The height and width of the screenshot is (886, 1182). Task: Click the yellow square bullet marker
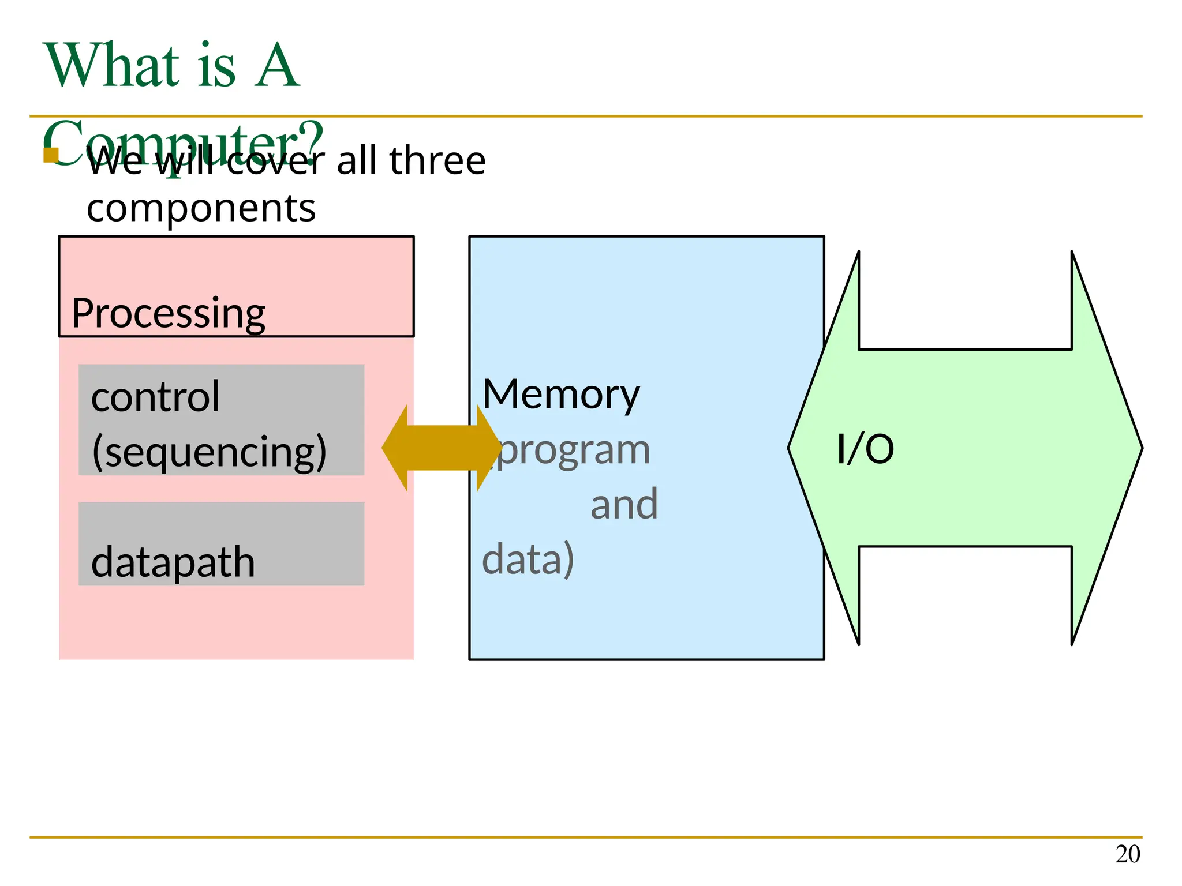(x=51, y=155)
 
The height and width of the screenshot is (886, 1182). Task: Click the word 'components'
(x=201, y=208)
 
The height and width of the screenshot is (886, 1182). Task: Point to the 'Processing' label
(x=168, y=313)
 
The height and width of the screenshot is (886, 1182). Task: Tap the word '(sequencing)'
(x=209, y=452)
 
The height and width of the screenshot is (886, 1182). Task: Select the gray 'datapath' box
(x=221, y=544)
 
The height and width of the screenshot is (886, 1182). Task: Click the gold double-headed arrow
(x=442, y=448)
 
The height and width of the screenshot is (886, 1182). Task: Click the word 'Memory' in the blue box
(x=561, y=395)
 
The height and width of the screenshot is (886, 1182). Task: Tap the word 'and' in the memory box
(x=624, y=504)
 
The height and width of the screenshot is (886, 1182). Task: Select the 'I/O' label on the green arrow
(x=865, y=449)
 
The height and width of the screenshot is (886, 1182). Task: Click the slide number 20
(x=1127, y=854)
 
